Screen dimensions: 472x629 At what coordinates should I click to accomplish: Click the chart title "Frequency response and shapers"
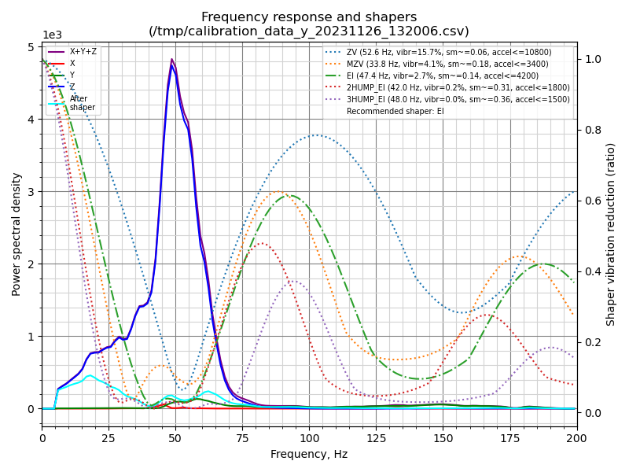tap(309, 17)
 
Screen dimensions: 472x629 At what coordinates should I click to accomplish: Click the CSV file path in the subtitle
tap(309, 31)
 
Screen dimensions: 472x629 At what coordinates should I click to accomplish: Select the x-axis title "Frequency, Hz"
tap(309, 454)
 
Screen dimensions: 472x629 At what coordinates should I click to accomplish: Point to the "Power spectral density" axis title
tap(17, 234)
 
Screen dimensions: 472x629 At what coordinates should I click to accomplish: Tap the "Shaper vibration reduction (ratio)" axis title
tap(611, 234)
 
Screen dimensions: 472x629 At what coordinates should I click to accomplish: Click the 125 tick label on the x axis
tap(376, 437)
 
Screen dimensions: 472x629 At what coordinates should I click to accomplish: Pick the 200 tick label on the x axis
tap(576, 437)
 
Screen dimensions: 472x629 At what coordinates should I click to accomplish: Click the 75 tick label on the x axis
tap(242, 437)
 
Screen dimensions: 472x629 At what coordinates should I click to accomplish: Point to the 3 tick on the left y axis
tap(32, 192)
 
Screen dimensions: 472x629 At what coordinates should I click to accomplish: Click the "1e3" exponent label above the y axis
tap(51, 35)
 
